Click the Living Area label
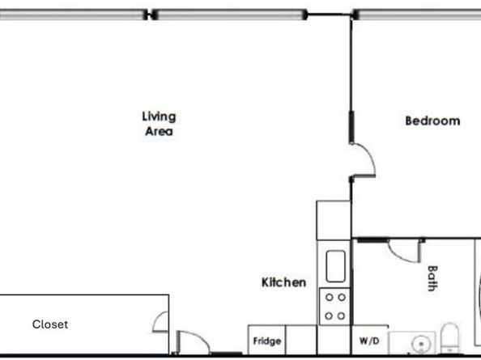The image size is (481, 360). click(x=159, y=123)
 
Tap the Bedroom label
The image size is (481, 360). click(x=432, y=121)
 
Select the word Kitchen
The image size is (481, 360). click(x=283, y=282)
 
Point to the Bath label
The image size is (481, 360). click(x=432, y=279)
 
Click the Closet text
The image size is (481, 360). click(x=50, y=324)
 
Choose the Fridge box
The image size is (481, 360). click(x=267, y=341)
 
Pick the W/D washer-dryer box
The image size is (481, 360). click(x=368, y=341)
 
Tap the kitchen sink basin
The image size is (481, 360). click(x=335, y=265)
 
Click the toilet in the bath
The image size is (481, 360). click(x=449, y=341)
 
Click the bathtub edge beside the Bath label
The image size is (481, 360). click(x=477, y=291)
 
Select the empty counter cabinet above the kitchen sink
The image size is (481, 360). click(x=333, y=218)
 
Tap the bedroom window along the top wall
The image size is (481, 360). click(x=417, y=14)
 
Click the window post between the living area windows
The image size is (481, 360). click(x=150, y=14)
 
